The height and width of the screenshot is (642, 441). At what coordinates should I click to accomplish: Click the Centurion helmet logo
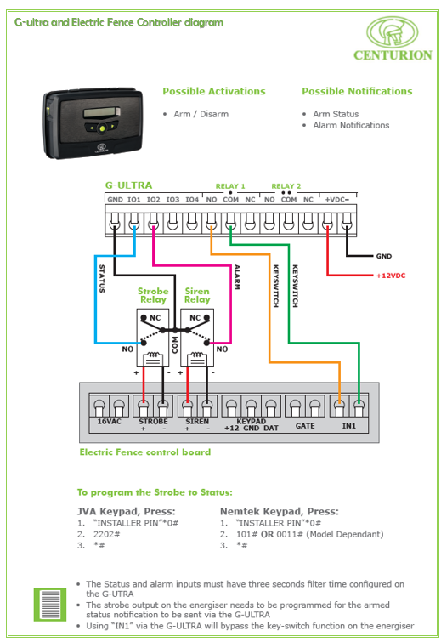click(x=392, y=32)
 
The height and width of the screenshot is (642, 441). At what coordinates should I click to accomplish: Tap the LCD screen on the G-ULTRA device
click(x=101, y=112)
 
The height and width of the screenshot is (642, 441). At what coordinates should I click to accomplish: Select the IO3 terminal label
click(x=172, y=199)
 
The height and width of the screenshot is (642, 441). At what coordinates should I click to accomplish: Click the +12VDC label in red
click(x=391, y=276)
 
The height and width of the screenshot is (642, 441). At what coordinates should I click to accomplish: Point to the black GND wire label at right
click(x=384, y=256)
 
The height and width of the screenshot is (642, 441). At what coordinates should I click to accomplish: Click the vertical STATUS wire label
click(x=102, y=278)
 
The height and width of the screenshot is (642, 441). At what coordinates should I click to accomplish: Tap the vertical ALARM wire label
click(x=237, y=277)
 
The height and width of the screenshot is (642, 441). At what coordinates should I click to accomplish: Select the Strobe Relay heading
click(x=153, y=295)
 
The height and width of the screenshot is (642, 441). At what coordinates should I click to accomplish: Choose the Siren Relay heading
click(x=197, y=295)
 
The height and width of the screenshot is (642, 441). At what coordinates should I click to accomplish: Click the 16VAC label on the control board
click(x=110, y=422)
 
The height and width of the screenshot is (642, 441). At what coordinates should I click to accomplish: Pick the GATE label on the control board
click(x=305, y=426)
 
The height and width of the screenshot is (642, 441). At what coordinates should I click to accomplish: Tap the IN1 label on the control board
click(x=349, y=426)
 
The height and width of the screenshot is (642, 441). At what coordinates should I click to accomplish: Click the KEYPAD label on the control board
click(x=252, y=421)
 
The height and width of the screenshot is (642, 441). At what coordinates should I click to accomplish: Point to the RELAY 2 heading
click(x=286, y=186)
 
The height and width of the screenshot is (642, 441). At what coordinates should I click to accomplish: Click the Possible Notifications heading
click(x=357, y=91)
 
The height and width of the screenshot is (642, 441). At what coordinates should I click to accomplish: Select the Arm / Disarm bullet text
click(x=201, y=114)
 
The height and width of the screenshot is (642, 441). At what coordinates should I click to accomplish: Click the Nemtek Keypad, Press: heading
click(x=280, y=511)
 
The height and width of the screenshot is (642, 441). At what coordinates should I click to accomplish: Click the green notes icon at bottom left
click(x=50, y=605)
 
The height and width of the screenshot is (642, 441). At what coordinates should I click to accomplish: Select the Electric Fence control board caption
click(x=145, y=452)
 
